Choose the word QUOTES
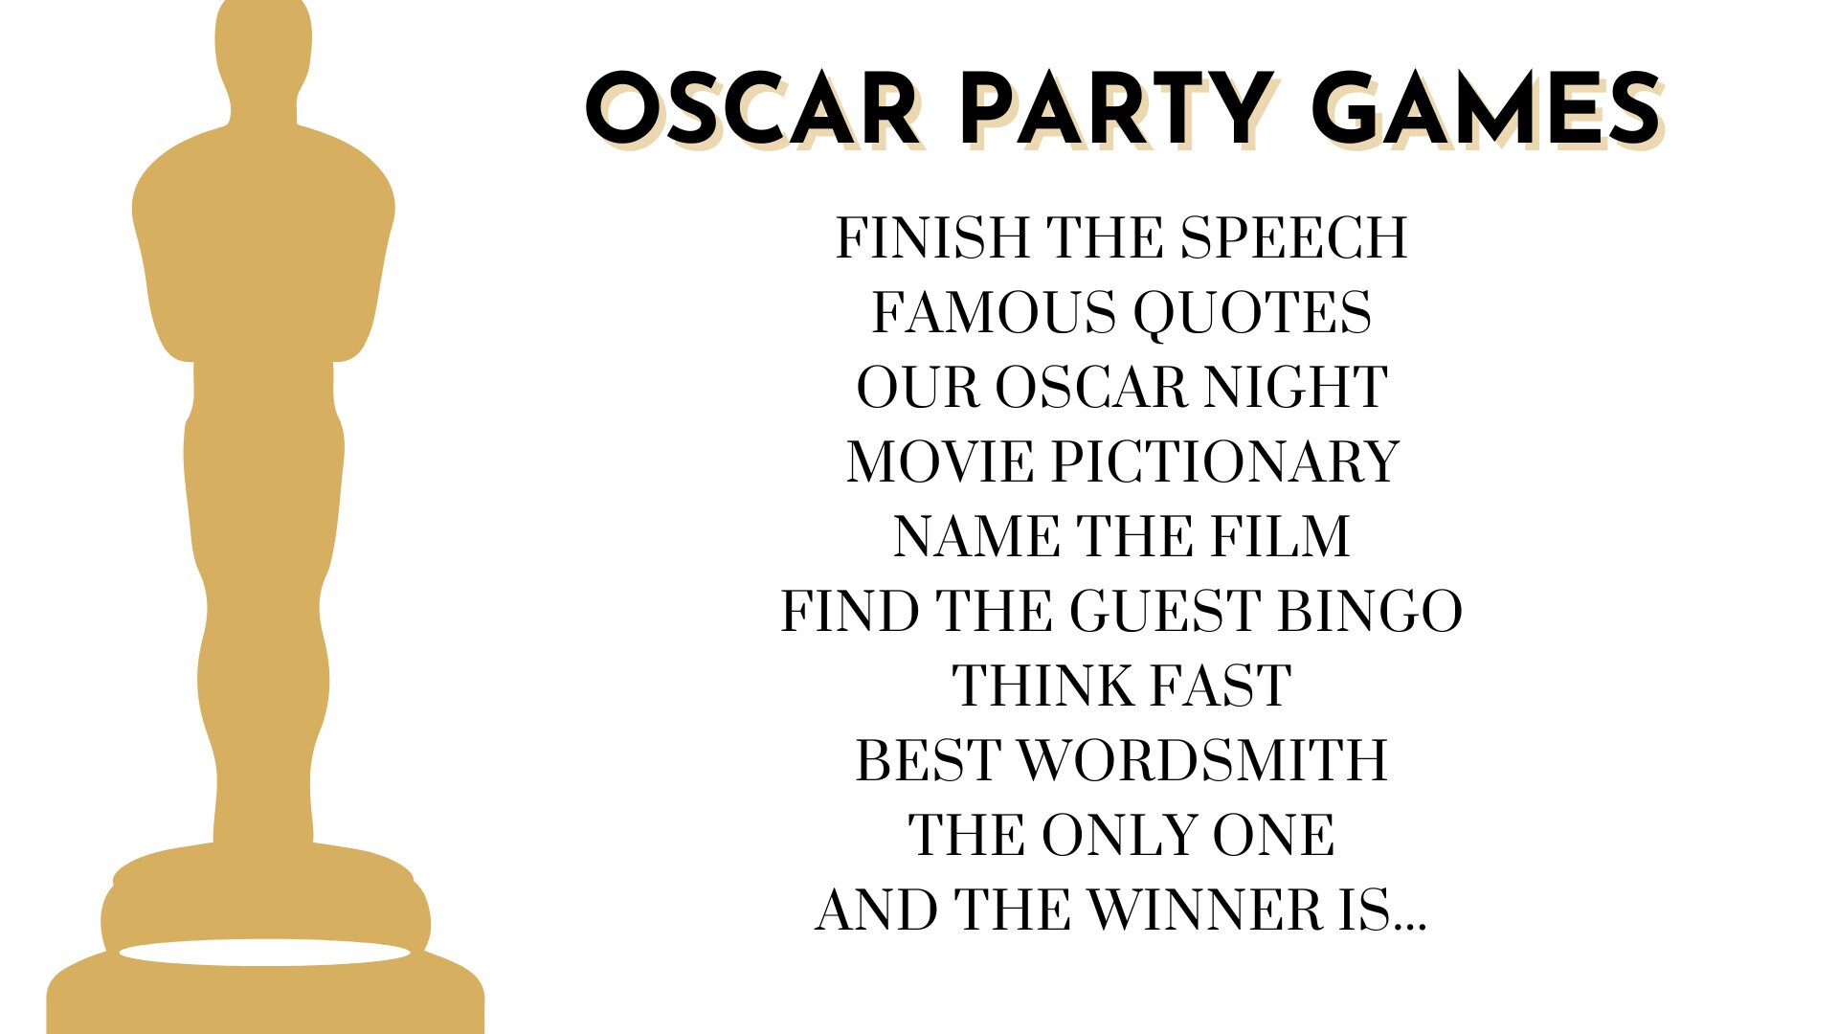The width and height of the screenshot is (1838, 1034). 1252,312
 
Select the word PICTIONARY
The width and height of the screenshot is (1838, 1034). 1225,461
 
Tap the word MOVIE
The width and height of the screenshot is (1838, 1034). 940,461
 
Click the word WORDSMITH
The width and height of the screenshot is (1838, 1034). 1202,760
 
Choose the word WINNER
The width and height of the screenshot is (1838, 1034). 1204,910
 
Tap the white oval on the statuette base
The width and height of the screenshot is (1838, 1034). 264,953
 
